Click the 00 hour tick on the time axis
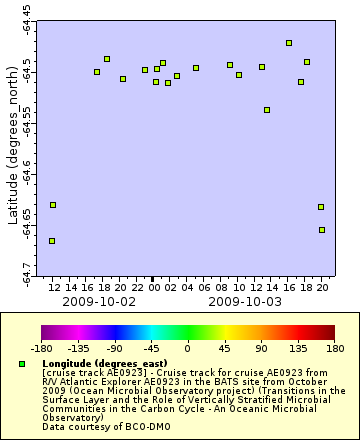coord(153,287)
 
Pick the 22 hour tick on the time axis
coord(136,287)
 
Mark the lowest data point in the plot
coord(52,241)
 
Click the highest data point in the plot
coord(289,43)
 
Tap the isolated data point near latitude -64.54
coord(266,110)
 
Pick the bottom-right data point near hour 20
coord(322,230)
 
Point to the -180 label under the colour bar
coord(41,350)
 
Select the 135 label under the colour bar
coord(298,350)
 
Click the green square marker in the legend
coord(22,364)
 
